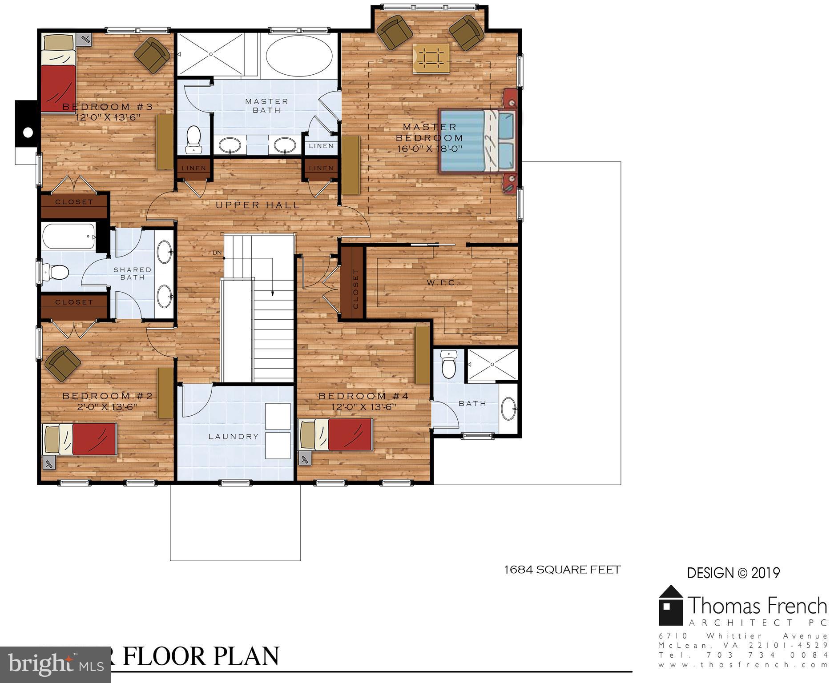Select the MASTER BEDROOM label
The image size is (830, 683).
(429, 133)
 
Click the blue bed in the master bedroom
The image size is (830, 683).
(477, 140)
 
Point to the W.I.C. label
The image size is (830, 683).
(442, 282)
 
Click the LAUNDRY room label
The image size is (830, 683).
(234, 437)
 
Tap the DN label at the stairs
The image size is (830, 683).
(217, 253)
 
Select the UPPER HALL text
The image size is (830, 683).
(258, 205)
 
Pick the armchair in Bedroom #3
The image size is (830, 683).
(152, 54)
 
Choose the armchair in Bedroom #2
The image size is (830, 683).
(61, 363)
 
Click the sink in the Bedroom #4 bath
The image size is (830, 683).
(508, 408)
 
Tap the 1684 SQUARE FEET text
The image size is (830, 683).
(562, 570)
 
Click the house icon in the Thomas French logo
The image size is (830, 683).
(671, 606)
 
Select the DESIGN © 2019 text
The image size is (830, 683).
(733, 573)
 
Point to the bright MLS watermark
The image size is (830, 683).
(55, 664)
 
